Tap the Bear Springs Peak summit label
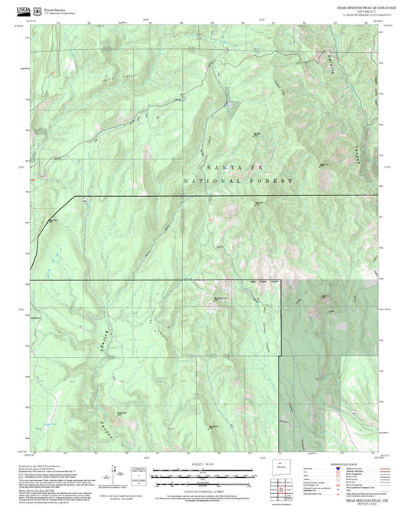(222, 298)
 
